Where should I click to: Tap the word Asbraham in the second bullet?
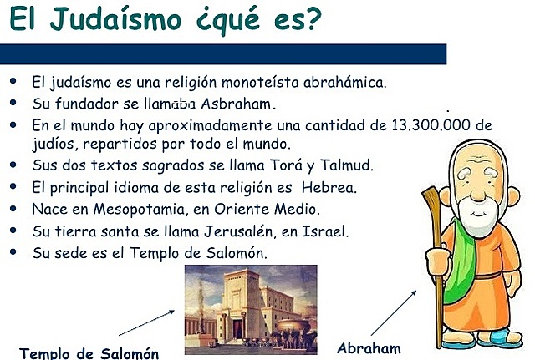click(237, 104)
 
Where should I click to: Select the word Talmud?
click(346, 165)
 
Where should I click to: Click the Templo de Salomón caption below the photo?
click(89, 351)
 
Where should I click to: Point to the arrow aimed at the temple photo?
click(151, 322)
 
